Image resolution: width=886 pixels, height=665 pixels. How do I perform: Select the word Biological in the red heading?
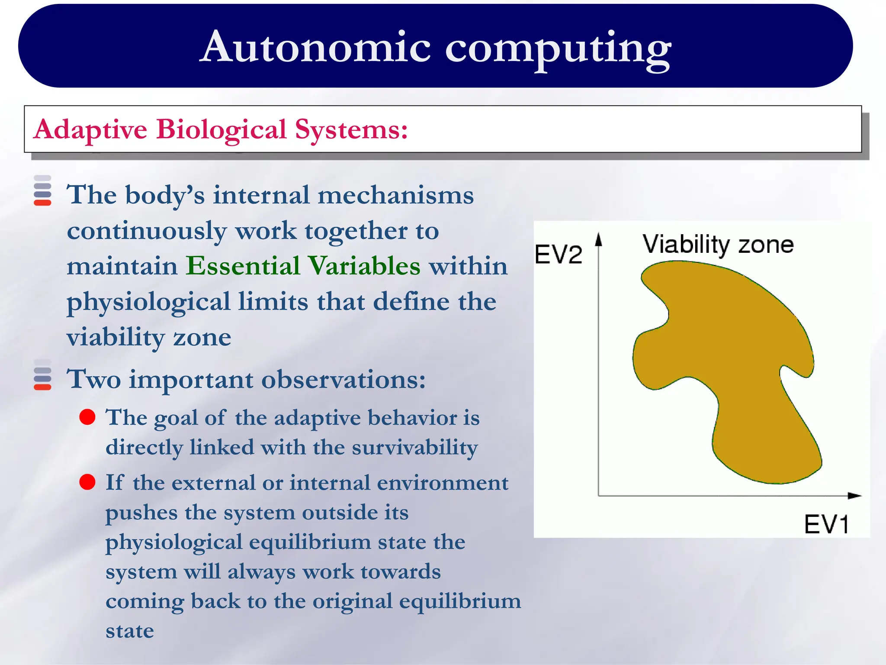[221, 129]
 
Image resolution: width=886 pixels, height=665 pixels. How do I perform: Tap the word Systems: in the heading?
[351, 129]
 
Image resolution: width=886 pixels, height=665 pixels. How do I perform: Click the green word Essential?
[243, 265]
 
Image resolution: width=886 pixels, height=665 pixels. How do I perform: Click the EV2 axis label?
[558, 254]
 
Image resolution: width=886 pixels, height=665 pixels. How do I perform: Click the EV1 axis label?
[826, 524]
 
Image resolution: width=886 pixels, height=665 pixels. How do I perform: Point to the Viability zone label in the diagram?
[718, 245]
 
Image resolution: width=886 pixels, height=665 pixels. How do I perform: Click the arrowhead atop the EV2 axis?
[599, 239]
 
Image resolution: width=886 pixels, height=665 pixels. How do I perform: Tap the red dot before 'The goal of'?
[87, 417]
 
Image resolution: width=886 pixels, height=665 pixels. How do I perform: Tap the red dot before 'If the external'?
[87, 482]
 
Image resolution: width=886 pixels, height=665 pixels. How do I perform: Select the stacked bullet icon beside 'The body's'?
[42, 190]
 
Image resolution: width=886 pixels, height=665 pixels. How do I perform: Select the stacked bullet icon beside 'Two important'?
[42, 374]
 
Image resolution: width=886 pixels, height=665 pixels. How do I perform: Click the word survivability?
[414, 448]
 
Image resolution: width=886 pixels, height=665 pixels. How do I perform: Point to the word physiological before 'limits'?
[148, 302]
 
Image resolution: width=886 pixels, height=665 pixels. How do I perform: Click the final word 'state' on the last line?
[130, 631]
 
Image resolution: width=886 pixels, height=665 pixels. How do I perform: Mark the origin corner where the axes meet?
[599, 496]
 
